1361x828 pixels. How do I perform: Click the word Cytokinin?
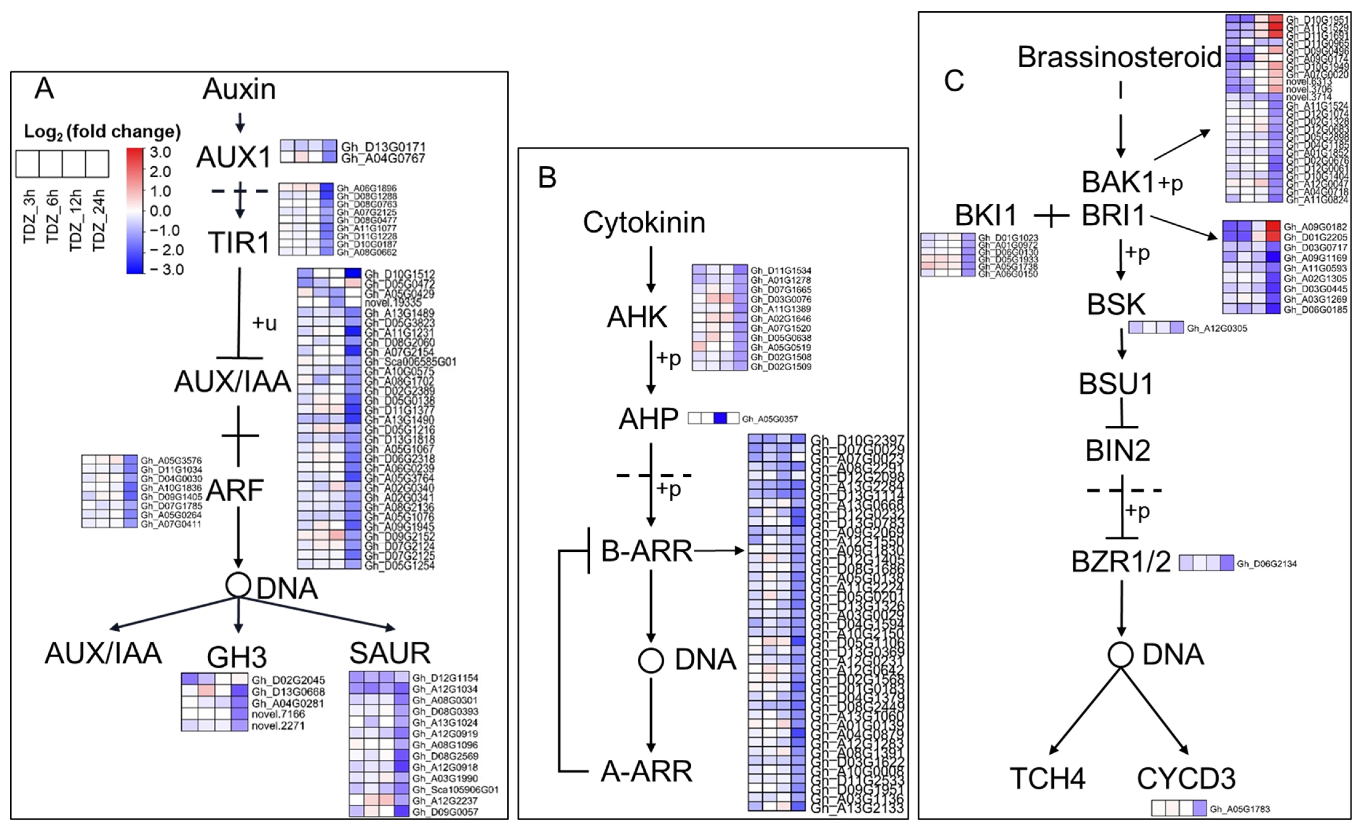click(x=644, y=223)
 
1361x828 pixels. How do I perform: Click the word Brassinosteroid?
click(x=1119, y=57)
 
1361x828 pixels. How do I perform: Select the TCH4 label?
click(x=1048, y=778)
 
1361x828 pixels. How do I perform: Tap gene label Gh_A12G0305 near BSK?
click(x=1217, y=329)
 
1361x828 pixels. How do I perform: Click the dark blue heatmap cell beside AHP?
click(x=720, y=418)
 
